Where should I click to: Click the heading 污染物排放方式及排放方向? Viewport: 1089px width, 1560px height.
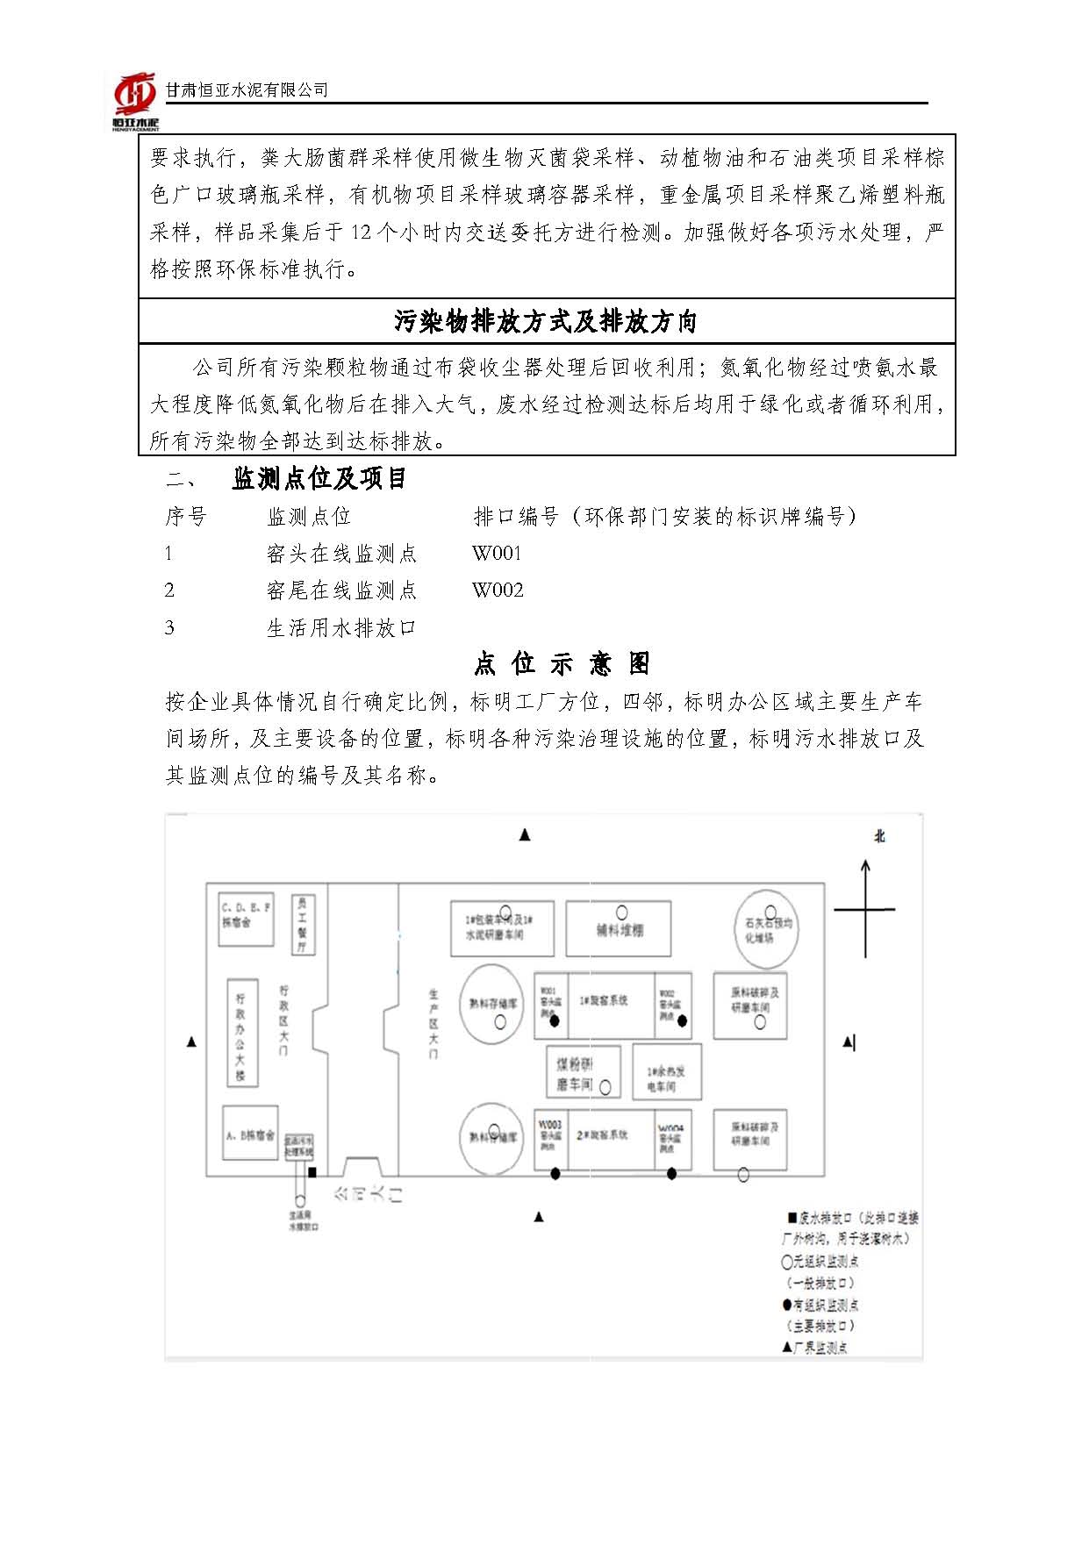[x=545, y=322]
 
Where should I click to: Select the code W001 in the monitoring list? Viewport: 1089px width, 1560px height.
[x=497, y=554]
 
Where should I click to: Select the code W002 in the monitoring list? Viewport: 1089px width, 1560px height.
[x=498, y=590]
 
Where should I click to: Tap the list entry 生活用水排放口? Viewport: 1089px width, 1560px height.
[x=340, y=628]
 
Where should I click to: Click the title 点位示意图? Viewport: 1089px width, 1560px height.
[x=562, y=663]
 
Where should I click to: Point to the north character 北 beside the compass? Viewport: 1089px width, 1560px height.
[x=879, y=836]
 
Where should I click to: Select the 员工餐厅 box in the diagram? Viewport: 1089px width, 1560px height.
[x=302, y=924]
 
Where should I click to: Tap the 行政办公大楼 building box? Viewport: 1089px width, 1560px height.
[x=240, y=1035]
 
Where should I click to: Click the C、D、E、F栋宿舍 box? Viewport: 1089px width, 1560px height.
[x=246, y=921]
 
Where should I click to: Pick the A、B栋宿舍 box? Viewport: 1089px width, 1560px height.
[x=250, y=1134]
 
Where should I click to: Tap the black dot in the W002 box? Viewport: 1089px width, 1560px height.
[x=683, y=1020]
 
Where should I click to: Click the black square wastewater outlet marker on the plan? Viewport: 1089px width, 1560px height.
[x=312, y=1172]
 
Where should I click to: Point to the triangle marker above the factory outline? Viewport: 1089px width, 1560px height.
[x=525, y=835]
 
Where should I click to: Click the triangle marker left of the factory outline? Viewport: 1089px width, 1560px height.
[x=191, y=1042]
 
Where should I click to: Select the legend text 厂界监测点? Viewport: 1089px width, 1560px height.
[x=820, y=1348]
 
